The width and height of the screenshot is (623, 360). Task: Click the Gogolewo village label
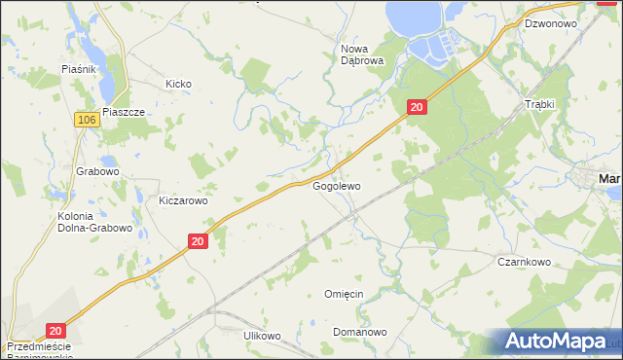(x=336, y=185)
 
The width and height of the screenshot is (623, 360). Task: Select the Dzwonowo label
(x=550, y=22)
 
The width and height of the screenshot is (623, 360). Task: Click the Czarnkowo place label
(x=525, y=262)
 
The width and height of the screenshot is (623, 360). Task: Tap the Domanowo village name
(x=358, y=332)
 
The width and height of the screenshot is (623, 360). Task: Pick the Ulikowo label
(x=262, y=336)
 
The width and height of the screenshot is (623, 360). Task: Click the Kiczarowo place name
(x=183, y=200)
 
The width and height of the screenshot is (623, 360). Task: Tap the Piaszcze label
(x=123, y=112)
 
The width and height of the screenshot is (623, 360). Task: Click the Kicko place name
(x=178, y=85)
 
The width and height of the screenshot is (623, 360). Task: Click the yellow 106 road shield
(x=86, y=119)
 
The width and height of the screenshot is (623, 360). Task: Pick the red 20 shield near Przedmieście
(x=55, y=331)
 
